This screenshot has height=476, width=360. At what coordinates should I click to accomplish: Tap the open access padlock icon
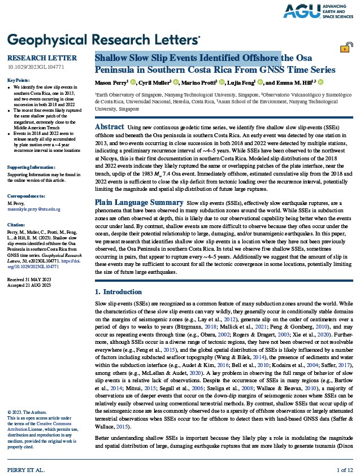click(x=344, y=48)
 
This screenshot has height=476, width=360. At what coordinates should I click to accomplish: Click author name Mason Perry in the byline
click(x=111, y=82)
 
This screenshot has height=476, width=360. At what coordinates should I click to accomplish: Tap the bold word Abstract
click(x=110, y=127)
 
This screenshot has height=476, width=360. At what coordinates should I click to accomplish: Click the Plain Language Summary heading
click(x=138, y=202)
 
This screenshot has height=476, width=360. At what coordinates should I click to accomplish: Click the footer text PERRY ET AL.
click(x=25, y=470)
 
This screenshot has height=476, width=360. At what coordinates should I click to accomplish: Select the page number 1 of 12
click(x=344, y=470)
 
